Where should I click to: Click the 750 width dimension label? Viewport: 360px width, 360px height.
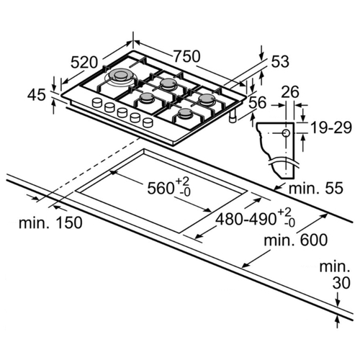tap(186, 56)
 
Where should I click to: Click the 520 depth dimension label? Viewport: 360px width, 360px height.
tap(84, 63)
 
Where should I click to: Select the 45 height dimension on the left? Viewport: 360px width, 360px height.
tap(36, 95)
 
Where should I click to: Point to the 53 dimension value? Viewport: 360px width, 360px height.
tap(280, 61)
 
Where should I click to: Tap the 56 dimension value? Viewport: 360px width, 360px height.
tap(258, 103)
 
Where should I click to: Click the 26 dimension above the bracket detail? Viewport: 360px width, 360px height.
tap(290, 91)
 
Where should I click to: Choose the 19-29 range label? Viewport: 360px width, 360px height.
tap(331, 127)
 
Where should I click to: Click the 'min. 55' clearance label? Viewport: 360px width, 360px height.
tap(316, 188)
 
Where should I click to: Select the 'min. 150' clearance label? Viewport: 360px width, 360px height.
tap(50, 222)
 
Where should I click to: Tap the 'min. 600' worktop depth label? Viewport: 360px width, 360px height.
tap(296, 240)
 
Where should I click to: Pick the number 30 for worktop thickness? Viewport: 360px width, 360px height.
tap(341, 283)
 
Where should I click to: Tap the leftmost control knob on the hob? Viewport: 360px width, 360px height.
tap(97, 102)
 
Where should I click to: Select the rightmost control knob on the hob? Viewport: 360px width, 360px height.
tap(148, 122)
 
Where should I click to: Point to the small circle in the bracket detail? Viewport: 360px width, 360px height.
tap(286, 133)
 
